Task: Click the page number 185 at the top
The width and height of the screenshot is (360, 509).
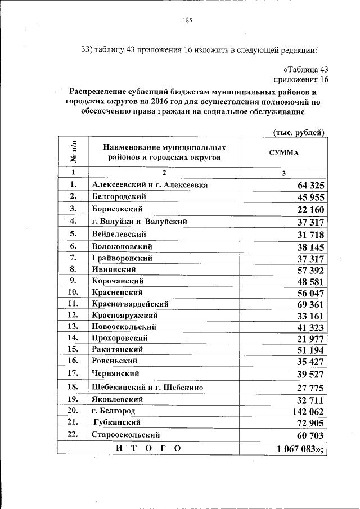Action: (188, 21)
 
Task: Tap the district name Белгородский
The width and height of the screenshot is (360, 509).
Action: (119, 197)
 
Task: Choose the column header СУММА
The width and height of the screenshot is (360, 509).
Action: (284, 152)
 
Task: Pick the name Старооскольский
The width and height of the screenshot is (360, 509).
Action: (126, 435)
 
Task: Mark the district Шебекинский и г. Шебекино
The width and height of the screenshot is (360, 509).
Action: (147, 387)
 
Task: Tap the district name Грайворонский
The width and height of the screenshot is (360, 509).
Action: (122, 258)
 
